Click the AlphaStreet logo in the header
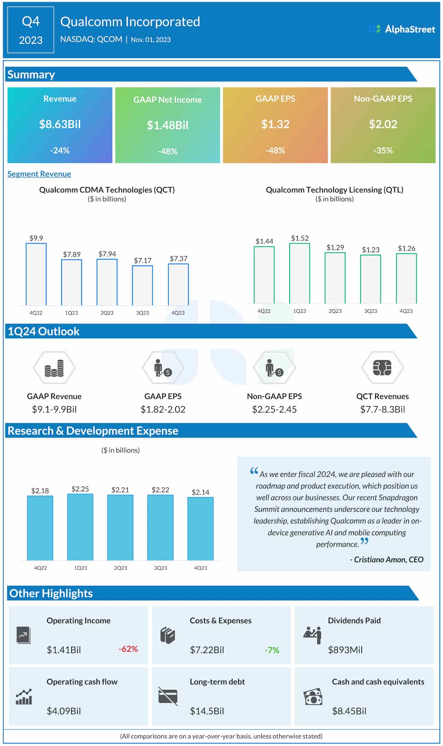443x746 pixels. pyautogui.click(x=402, y=29)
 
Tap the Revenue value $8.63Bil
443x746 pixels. pyautogui.click(x=60, y=124)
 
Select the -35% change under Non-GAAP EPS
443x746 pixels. pyautogui.click(x=383, y=151)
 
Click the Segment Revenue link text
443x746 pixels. pyautogui.click(x=39, y=174)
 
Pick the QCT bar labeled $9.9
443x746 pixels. pyautogui.click(x=36, y=274)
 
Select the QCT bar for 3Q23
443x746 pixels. pyautogui.click(x=143, y=285)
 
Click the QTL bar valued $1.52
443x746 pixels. pyautogui.click(x=299, y=273)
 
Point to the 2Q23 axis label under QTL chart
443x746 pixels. pyautogui.click(x=335, y=311)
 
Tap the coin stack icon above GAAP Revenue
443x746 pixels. pyautogui.click(x=54, y=368)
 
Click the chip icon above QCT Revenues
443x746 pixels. pyautogui.click(x=382, y=368)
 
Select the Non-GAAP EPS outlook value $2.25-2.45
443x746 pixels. pyautogui.click(x=274, y=409)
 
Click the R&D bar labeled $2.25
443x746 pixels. pyautogui.click(x=80, y=527)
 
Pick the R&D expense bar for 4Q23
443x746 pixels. pyautogui.click(x=200, y=528)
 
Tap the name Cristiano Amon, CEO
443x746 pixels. pyautogui.click(x=388, y=559)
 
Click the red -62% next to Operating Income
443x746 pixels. pyautogui.click(x=128, y=649)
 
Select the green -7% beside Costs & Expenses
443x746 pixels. pyautogui.click(x=272, y=650)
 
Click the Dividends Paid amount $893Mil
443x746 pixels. pyautogui.click(x=345, y=650)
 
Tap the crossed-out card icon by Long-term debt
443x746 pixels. pyautogui.click(x=168, y=696)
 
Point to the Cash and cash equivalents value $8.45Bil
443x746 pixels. pyautogui.click(x=349, y=711)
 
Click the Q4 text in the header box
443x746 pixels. pyautogui.click(x=30, y=21)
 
